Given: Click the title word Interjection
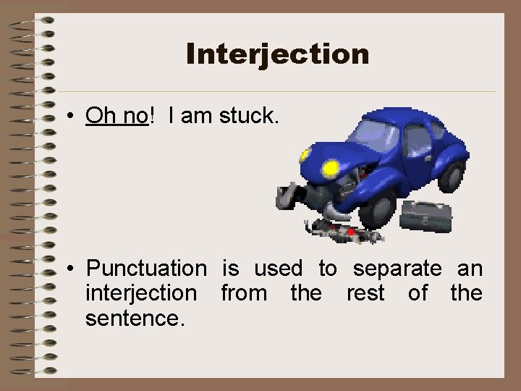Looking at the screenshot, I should (277, 54).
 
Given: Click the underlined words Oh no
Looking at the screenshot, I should (117, 114).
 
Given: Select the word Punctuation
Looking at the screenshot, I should (146, 269).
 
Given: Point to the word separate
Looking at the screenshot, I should (397, 269).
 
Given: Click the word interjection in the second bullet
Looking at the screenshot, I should (140, 293).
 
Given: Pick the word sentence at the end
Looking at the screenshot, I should (135, 318).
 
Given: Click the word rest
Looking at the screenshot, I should (365, 293).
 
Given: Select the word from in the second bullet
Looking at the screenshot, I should (242, 293).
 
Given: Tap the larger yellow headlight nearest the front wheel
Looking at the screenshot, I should (331, 169).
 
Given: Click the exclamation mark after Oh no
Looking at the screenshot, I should (152, 114).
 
